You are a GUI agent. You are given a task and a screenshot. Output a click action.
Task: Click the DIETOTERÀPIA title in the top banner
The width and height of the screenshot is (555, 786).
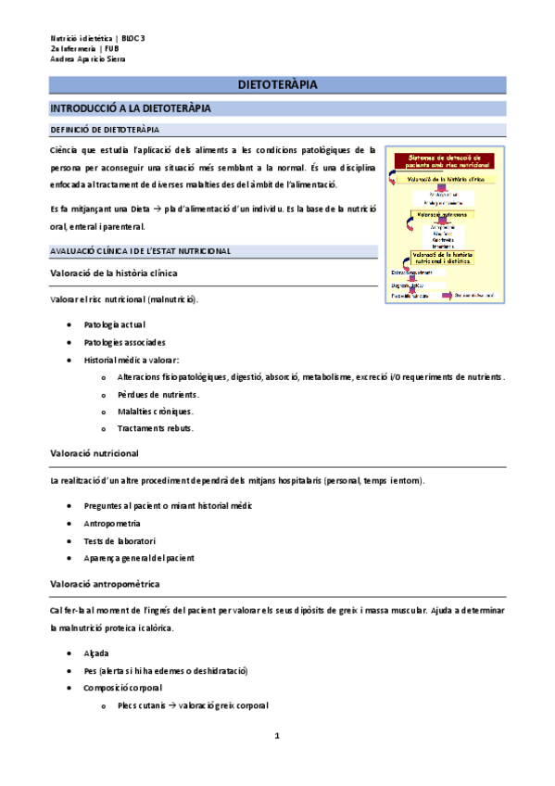[277, 85]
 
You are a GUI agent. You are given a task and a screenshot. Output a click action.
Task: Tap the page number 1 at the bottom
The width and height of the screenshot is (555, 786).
[276, 736]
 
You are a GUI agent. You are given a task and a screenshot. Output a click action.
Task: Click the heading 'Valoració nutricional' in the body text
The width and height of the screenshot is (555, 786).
[95, 453]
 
